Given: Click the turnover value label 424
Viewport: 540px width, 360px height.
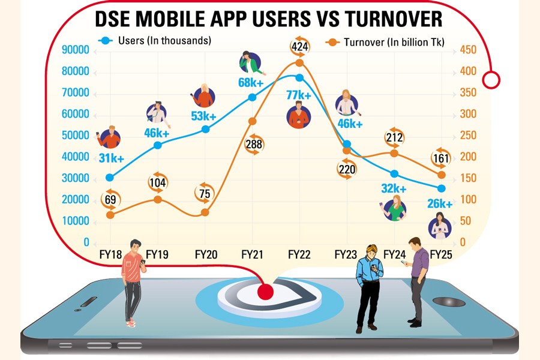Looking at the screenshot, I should [299, 46].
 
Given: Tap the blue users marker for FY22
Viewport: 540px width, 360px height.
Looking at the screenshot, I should [299, 77].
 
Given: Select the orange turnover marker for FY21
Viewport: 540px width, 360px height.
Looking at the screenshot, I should [253, 121].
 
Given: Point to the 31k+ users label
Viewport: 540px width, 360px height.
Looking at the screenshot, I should [112, 159].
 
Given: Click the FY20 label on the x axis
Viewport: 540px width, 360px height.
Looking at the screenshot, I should [206, 255].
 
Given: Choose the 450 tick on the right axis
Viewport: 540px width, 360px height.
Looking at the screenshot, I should [467, 50].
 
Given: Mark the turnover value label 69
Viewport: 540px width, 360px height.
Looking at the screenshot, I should [110, 199].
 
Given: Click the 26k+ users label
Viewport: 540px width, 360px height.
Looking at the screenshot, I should [439, 204].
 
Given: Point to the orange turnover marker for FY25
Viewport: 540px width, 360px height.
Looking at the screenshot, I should [441, 175].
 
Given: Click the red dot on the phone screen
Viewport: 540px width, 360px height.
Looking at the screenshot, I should [265, 292].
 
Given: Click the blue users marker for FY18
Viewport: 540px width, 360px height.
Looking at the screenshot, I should [110, 177].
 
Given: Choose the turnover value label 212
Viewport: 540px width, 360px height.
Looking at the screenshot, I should [394, 138].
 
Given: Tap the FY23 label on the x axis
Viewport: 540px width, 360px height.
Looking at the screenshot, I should [346, 255].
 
